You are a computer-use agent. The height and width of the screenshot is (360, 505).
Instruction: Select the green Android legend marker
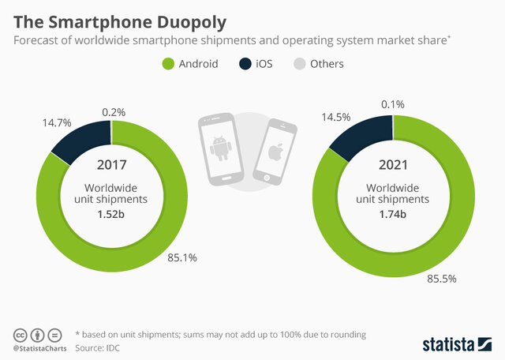169,63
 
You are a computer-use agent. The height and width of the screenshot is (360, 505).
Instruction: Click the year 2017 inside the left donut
112,167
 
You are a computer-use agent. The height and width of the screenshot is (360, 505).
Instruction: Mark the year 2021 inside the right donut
392,167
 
